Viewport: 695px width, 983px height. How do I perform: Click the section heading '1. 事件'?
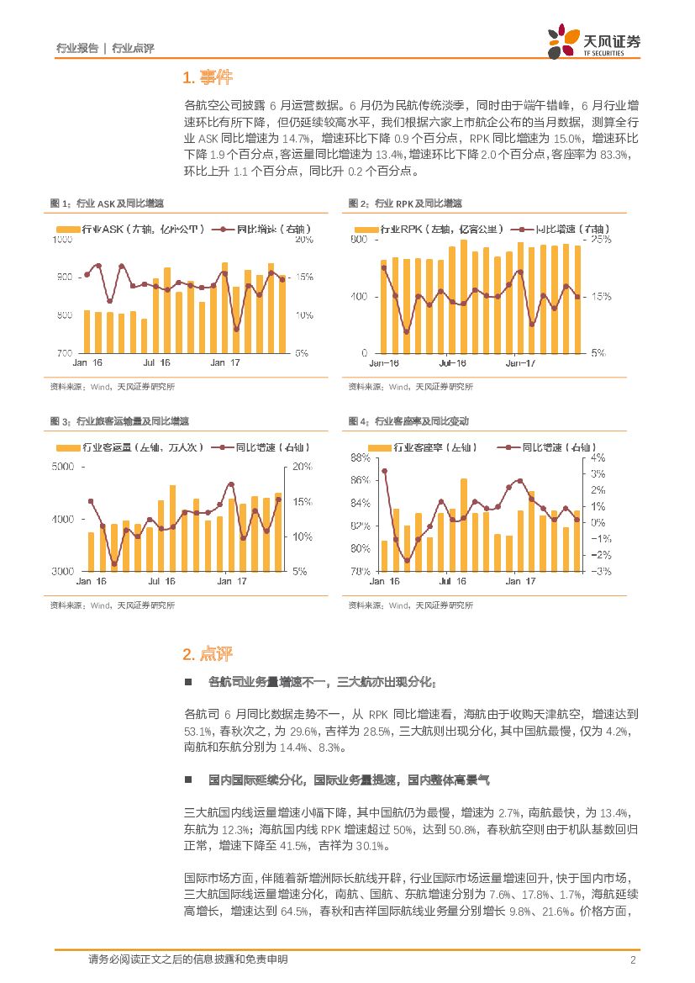tap(207, 79)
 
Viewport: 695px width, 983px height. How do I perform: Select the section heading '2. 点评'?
tap(207, 654)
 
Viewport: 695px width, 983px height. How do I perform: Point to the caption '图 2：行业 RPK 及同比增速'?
tap(405, 203)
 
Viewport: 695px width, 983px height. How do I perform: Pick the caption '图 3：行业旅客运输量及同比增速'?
tap(119, 420)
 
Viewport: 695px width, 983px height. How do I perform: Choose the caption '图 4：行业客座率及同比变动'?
tap(408, 420)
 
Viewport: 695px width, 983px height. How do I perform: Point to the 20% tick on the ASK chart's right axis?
tap(304, 240)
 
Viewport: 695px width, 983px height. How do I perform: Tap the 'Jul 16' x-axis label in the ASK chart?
tap(156, 363)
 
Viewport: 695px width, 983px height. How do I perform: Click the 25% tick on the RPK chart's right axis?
tap(602, 240)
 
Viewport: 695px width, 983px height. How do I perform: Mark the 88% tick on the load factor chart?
tap(359, 458)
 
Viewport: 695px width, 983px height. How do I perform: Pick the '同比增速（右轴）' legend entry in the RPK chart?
tap(568, 229)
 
